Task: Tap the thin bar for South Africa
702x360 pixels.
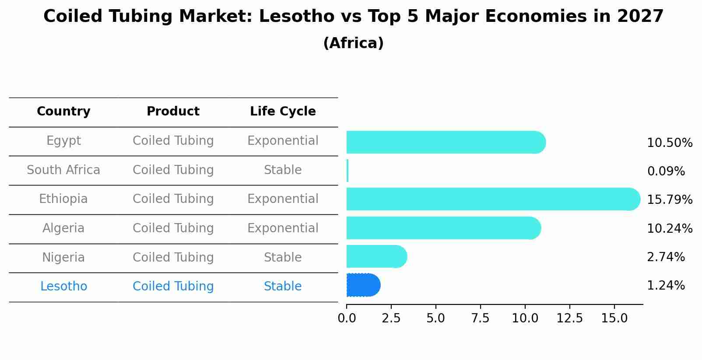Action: click(x=347, y=171)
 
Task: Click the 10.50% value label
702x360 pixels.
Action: click(x=670, y=143)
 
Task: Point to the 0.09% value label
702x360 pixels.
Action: click(x=666, y=171)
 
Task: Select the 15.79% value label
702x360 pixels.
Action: click(x=670, y=200)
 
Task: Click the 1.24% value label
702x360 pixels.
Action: click(x=666, y=286)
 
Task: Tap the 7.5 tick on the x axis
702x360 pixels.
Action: click(x=480, y=318)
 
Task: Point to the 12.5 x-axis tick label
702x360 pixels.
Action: click(x=569, y=318)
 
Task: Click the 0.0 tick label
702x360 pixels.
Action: click(x=347, y=318)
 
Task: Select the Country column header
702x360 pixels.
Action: click(x=63, y=112)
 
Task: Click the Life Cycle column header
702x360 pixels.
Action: click(x=283, y=112)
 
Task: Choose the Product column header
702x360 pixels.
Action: click(x=173, y=112)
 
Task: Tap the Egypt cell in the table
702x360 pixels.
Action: click(x=63, y=141)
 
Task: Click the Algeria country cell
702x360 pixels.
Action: click(x=63, y=228)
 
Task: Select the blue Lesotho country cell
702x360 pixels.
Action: click(x=63, y=287)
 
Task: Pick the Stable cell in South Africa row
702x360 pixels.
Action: click(x=283, y=170)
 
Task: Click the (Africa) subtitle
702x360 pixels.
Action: click(x=353, y=43)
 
